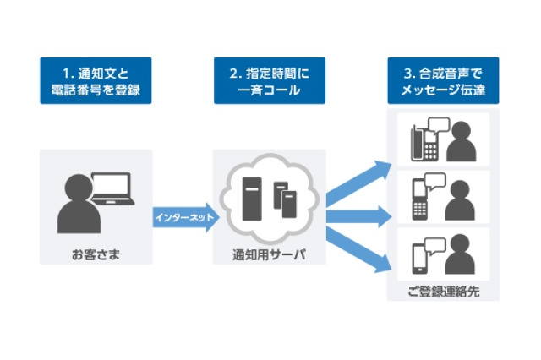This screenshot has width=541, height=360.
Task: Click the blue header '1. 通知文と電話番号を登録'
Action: pyautogui.click(x=96, y=81)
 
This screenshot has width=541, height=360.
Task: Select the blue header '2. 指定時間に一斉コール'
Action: pyautogui.click(x=269, y=81)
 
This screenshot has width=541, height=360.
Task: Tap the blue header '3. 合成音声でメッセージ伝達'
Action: pyautogui.click(x=443, y=81)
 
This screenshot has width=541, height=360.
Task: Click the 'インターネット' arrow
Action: pyautogui.click(x=184, y=218)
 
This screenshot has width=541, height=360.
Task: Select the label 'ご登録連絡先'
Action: pyautogui.click(x=443, y=292)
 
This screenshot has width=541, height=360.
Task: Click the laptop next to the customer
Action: pyautogui.click(x=111, y=191)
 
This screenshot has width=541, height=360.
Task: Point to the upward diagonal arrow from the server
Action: pyautogui.click(x=355, y=182)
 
